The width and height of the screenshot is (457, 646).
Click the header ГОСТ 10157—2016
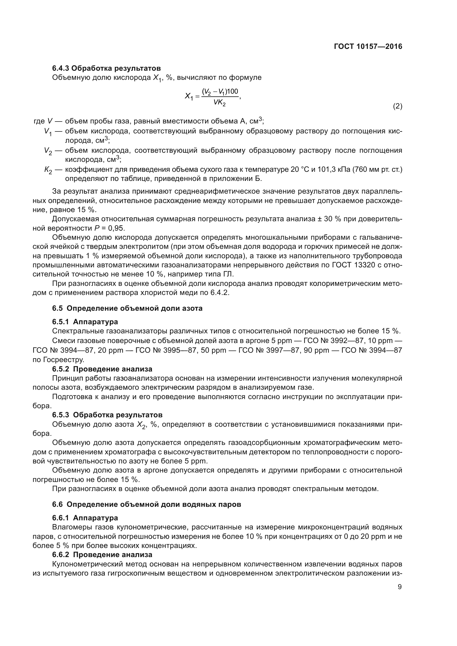(368, 46)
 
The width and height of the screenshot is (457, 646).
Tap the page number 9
(400, 587)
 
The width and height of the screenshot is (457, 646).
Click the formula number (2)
(397, 106)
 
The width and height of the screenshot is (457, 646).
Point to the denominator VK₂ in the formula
(219, 103)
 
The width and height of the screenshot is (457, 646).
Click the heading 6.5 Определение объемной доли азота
(127, 308)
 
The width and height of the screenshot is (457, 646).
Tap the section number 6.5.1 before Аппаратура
(61, 321)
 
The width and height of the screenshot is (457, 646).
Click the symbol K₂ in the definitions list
(48, 170)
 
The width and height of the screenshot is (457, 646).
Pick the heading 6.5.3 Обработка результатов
(107, 415)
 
